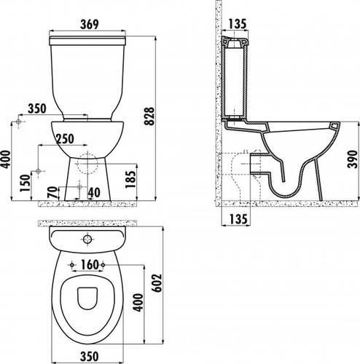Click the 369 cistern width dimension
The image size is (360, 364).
pyautogui.click(x=90, y=25)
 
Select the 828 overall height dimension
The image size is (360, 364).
pyautogui.click(x=149, y=116)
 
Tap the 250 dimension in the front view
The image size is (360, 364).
pyautogui.click(x=65, y=139)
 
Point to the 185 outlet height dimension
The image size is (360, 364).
pyautogui.click(x=130, y=179)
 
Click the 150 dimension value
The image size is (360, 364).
pyautogui.click(x=26, y=183)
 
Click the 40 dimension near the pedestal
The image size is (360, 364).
pyautogui.click(x=94, y=193)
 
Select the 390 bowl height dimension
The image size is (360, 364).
pyautogui.click(x=353, y=159)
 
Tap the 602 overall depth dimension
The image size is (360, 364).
pyautogui.click(x=157, y=283)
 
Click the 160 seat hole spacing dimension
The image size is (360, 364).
pyautogui.click(x=90, y=264)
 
